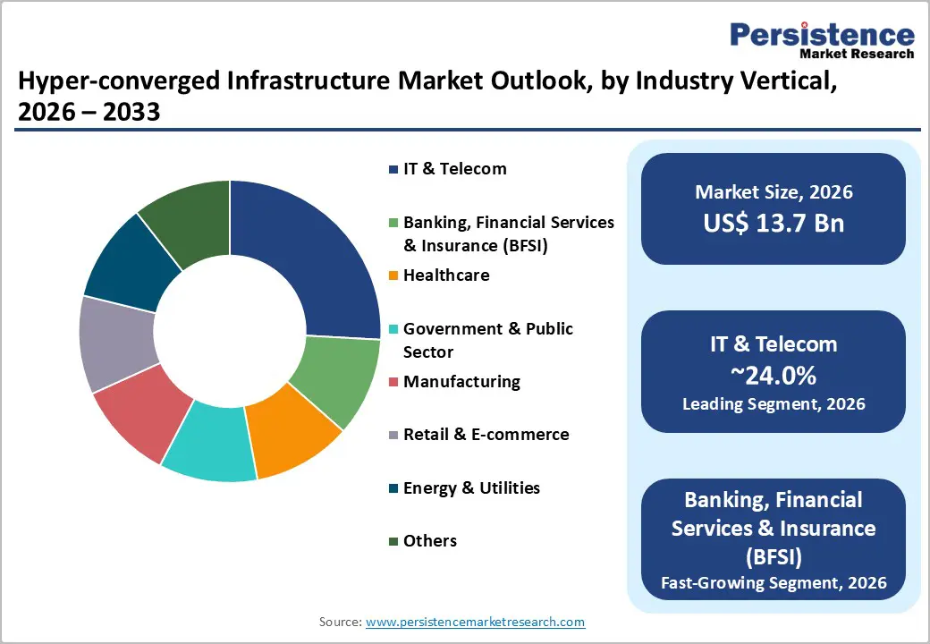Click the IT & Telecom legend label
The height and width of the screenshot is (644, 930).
coord(454,169)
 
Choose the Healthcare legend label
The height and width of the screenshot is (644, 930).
coord(446,275)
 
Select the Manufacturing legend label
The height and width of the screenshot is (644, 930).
coord(461,382)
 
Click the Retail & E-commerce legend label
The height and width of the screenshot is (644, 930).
coord(486,435)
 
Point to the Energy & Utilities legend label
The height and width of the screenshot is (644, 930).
coord(471,488)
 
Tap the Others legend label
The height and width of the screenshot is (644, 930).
coord(429,541)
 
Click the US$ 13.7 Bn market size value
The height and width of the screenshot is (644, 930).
coord(774,223)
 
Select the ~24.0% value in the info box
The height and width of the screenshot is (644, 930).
coord(774,375)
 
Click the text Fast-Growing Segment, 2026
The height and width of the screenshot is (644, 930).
coord(774,584)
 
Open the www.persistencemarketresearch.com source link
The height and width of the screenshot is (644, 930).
coord(475,622)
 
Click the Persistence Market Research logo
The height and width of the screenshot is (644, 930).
coord(822,41)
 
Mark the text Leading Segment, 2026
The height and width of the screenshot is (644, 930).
coord(774,404)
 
